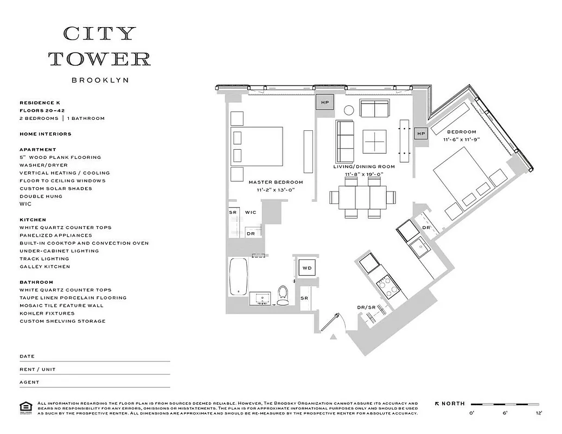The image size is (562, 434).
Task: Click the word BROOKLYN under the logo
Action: pos(100,80)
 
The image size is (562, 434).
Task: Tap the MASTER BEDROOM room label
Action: pos(276,182)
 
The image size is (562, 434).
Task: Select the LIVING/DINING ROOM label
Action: pos(363,167)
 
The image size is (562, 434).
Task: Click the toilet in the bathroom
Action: pos(283,295)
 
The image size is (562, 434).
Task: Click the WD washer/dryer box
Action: pos(307,268)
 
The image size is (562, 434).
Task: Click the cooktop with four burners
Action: pos(386,285)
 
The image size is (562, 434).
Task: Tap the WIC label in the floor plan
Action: pos(251,212)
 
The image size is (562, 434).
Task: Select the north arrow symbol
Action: pos(438,404)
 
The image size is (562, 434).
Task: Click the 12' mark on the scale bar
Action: pos(538,413)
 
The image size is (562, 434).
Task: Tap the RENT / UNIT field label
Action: pos(37,369)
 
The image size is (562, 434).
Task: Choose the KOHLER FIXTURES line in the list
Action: pos(50,313)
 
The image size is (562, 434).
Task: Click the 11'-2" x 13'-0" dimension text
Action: pos(276,190)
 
